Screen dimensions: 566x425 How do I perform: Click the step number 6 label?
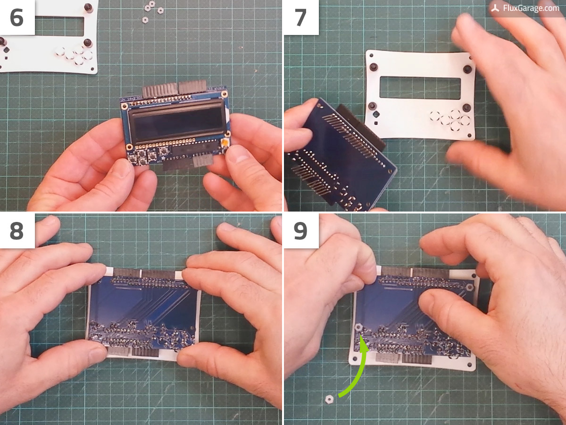(x=17, y=17)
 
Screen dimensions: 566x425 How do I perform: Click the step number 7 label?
(x=300, y=17)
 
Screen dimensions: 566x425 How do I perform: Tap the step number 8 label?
(x=17, y=231)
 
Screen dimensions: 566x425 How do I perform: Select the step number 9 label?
(x=300, y=231)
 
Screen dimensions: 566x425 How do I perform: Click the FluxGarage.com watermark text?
(x=531, y=8)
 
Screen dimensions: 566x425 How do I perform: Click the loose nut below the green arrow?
(x=329, y=399)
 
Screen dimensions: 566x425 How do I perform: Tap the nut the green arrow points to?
(x=358, y=328)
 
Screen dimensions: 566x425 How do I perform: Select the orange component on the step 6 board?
(x=225, y=143)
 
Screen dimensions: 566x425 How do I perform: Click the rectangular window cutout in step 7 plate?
(x=420, y=88)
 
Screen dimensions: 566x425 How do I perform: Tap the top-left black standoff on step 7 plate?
(x=374, y=67)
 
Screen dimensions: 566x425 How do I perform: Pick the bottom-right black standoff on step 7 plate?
(x=466, y=107)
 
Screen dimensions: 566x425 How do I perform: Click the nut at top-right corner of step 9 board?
(x=470, y=287)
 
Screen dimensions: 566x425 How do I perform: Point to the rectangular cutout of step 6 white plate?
(x=59, y=26)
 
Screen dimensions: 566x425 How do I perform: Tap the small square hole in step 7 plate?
(x=376, y=123)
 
